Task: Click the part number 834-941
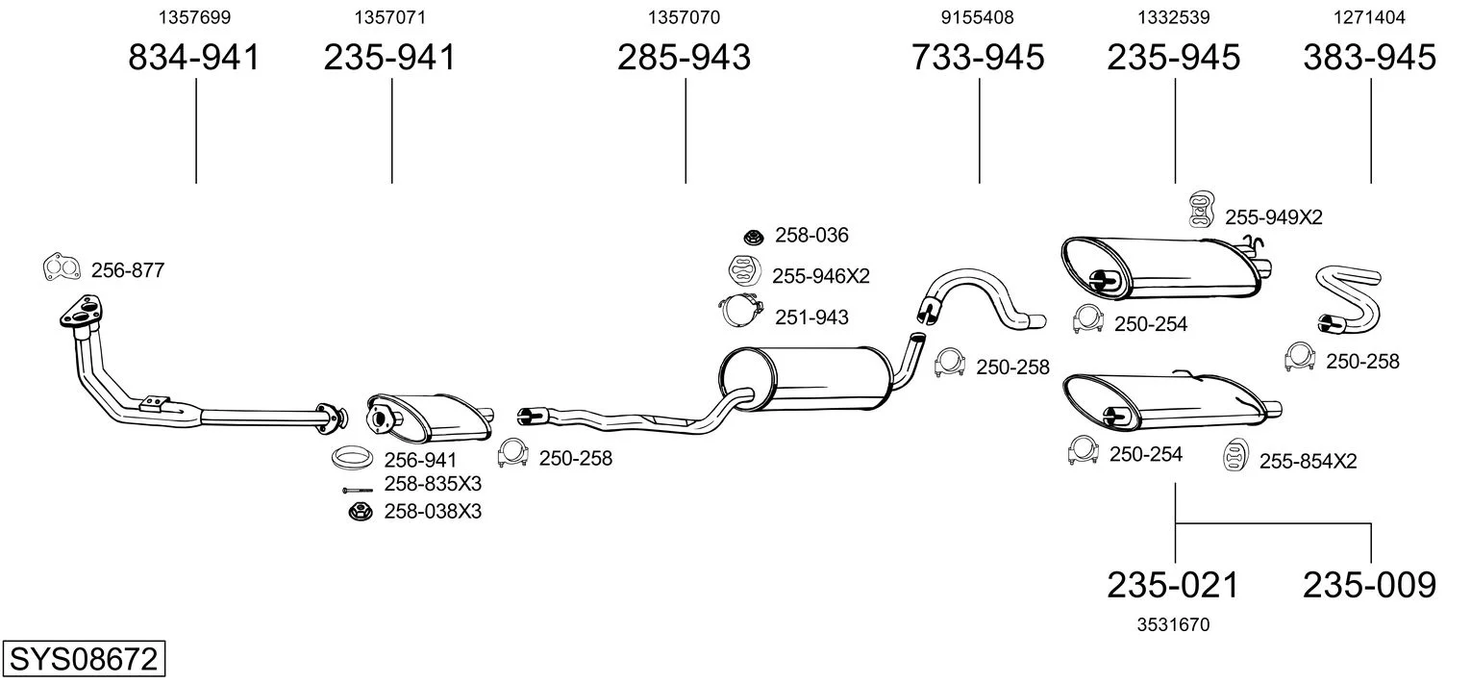click(194, 58)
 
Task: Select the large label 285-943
click(684, 58)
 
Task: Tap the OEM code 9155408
click(977, 17)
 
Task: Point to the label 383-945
click(1369, 58)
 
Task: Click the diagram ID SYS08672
click(83, 660)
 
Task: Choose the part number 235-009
click(1369, 584)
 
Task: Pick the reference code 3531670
click(1173, 624)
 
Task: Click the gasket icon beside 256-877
click(62, 268)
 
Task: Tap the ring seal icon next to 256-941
click(353, 458)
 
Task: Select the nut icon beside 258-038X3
click(360, 511)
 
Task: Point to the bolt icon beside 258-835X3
click(357, 491)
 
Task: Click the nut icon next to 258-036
click(753, 236)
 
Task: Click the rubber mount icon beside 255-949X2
click(1199, 209)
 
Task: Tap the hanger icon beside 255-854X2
click(1234, 457)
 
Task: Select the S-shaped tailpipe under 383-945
click(1345, 300)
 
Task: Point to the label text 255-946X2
click(820, 276)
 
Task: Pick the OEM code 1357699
click(194, 17)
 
